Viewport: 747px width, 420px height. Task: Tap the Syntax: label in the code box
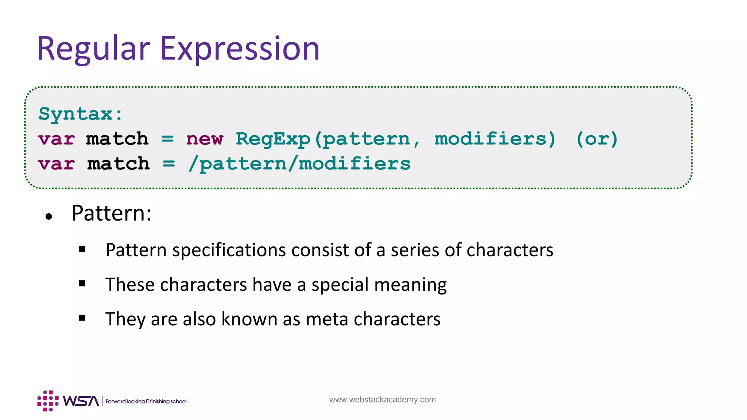click(x=81, y=114)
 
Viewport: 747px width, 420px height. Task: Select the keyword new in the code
click(x=204, y=139)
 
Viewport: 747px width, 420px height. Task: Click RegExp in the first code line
click(x=273, y=139)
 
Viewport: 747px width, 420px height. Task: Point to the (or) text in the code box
click(x=597, y=139)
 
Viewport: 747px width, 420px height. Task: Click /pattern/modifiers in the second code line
click(x=299, y=164)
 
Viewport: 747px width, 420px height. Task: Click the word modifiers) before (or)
click(x=495, y=139)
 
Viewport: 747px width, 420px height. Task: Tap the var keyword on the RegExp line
click(x=57, y=139)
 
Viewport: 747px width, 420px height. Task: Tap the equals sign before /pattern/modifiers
click(x=169, y=164)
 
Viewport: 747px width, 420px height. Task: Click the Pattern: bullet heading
click(x=111, y=213)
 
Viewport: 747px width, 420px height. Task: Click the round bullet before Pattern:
click(x=49, y=217)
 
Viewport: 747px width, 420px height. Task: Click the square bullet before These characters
click(x=82, y=284)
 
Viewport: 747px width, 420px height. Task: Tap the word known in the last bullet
click(x=249, y=319)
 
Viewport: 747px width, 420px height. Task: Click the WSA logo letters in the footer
click(x=81, y=401)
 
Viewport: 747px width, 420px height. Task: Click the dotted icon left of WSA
click(x=48, y=401)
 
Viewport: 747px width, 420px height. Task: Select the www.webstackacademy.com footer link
click(x=382, y=400)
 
